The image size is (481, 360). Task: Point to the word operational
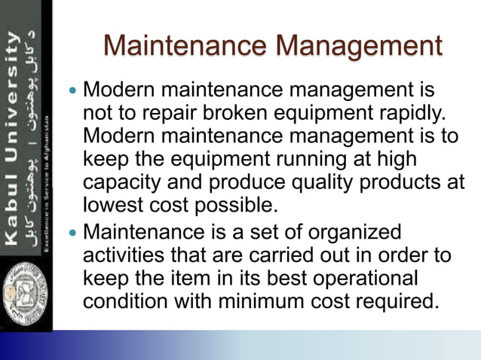363,278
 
